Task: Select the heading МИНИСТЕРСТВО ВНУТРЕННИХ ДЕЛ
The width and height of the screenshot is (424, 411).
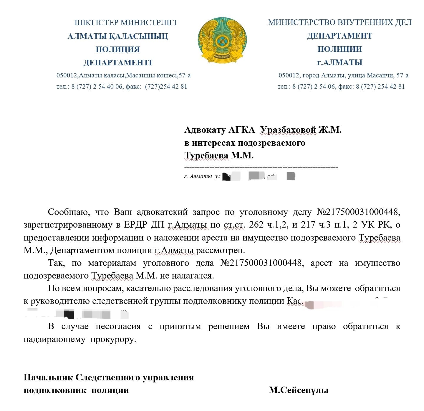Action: [x=339, y=22]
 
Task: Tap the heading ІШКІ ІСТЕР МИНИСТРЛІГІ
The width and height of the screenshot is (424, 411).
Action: [x=125, y=23]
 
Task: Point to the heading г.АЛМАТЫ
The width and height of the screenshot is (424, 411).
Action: [x=339, y=62]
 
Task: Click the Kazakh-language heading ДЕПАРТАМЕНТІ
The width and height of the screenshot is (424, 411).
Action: [x=117, y=63]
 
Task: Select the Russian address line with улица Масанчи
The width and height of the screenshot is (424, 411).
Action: [x=343, y=75]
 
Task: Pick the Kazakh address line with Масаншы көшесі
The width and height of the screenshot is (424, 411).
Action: [x=123, y=75]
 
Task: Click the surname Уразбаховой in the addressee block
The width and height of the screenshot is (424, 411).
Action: [x=288, y=130]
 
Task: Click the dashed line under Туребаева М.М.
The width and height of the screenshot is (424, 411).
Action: [x=261, y=167]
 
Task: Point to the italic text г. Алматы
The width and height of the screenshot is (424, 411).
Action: [x=198, y=176]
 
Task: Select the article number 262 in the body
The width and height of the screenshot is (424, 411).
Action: [x=256, y=225]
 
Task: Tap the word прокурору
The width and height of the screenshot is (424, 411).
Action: [x=113, y=339]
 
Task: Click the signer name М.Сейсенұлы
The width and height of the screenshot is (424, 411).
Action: [x=298, y=390]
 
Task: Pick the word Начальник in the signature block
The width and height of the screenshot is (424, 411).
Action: [x=48, y=377]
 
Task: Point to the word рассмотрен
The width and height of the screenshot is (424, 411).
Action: [x=220, y=250]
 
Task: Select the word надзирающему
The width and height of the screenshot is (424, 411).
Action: [x=54, y=339]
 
